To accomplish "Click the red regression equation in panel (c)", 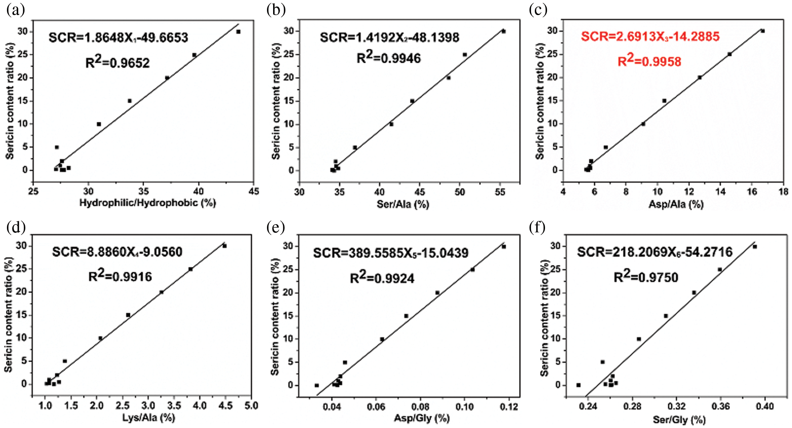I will click(x=650, y=37).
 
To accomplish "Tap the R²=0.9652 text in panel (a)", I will click(x=118, y=62).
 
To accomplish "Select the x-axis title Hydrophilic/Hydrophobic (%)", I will click(x=147, y=203).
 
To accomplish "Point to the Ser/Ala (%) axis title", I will click(x=403, y=204).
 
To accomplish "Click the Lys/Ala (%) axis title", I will click(x=149, y=417).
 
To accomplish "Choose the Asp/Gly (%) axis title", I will click(x=421, y=418).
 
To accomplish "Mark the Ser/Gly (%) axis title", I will click(x=679, y=419).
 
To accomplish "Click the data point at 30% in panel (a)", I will click(x=238, y=32).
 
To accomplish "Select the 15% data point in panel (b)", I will click(x=412, y=101).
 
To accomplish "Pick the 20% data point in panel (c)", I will click(x=699, y=77).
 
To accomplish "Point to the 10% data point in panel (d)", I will click(x=100, y=338).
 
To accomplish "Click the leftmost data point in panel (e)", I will click(x=317, y=385).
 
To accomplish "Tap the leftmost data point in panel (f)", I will click(x=578, y=385).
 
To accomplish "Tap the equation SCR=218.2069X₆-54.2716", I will click(x=654, y=252).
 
